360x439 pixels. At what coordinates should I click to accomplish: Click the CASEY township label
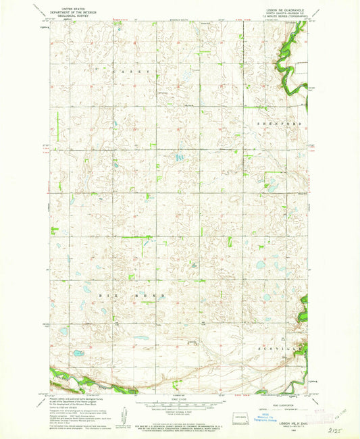coord(133,71)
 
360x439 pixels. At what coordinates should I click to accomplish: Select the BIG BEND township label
coord(116,296)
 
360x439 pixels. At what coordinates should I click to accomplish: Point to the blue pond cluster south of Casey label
coord(178,157)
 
